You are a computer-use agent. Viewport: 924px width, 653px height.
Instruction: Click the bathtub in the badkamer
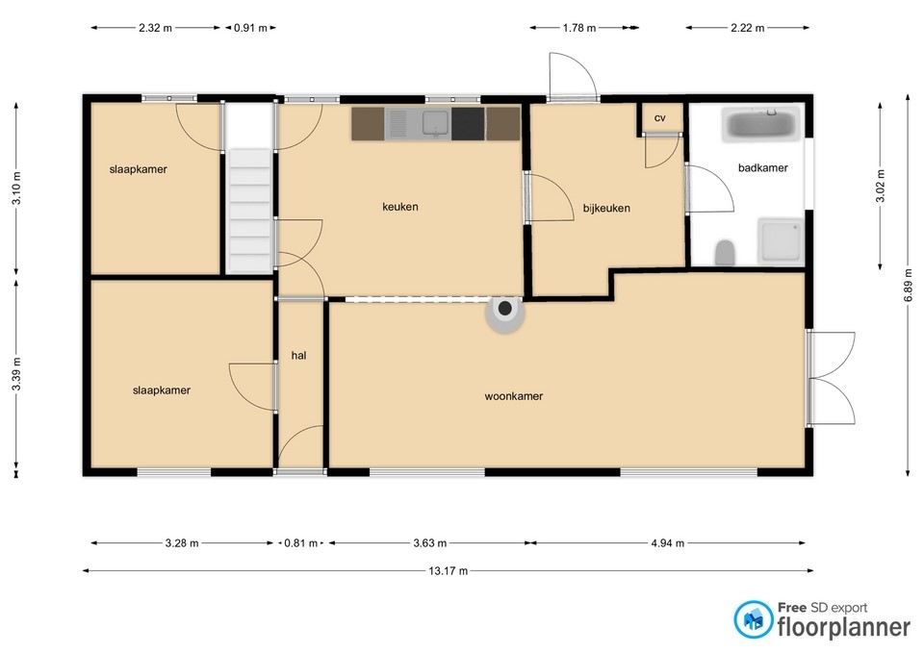[760, 125]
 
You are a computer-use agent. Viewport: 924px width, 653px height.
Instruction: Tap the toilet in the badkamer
[726, 253]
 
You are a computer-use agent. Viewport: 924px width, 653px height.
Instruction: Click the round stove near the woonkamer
[505, 312]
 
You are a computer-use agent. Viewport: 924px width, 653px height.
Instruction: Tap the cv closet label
[660, 117]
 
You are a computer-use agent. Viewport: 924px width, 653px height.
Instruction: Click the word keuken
[399, 206]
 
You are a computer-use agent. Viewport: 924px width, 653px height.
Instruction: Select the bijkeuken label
[606, 208]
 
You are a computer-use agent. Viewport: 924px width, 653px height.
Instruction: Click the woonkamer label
[514, 395]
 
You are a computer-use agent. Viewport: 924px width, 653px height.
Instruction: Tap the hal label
[298, 355]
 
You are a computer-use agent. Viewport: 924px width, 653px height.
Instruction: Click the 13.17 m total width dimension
[448, 571]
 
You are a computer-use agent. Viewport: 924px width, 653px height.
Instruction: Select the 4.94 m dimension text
[667, 543]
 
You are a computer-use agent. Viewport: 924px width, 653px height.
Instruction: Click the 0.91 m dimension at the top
[250, 28]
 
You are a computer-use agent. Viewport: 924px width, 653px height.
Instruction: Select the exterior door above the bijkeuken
[572, 77]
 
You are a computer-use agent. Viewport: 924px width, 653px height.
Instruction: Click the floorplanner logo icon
[754, 620]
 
